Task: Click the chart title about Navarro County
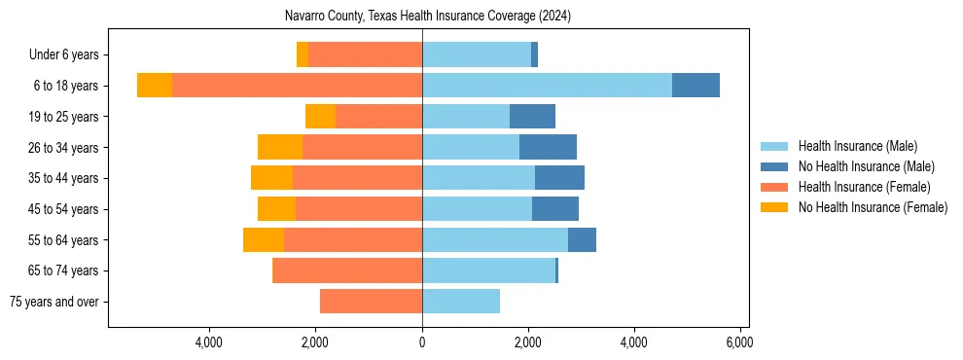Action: (x=428, y=17)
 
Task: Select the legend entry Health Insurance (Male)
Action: (x=857, y=146)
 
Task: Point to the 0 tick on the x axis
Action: (x=422, y=342)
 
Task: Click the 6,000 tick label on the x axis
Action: (x=739, y=342)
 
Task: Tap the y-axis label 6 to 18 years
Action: (x=66, y=86)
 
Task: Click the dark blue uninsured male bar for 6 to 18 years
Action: (x=695, y=86)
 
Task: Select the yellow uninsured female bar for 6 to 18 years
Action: (x=155, y=86)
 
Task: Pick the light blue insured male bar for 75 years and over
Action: (x=461, y=302)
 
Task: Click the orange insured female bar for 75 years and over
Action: (x=371, y=302)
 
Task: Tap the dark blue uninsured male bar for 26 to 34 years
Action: (x=548, y=147)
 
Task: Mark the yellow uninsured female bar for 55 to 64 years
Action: (x=264, y=240)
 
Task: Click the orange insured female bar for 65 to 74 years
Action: (x=347, y=270)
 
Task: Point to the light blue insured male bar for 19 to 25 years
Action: (x=466, y=117)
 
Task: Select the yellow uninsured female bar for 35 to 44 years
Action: (x=271, y=178)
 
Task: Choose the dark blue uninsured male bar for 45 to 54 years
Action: (x=555, y=209)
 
